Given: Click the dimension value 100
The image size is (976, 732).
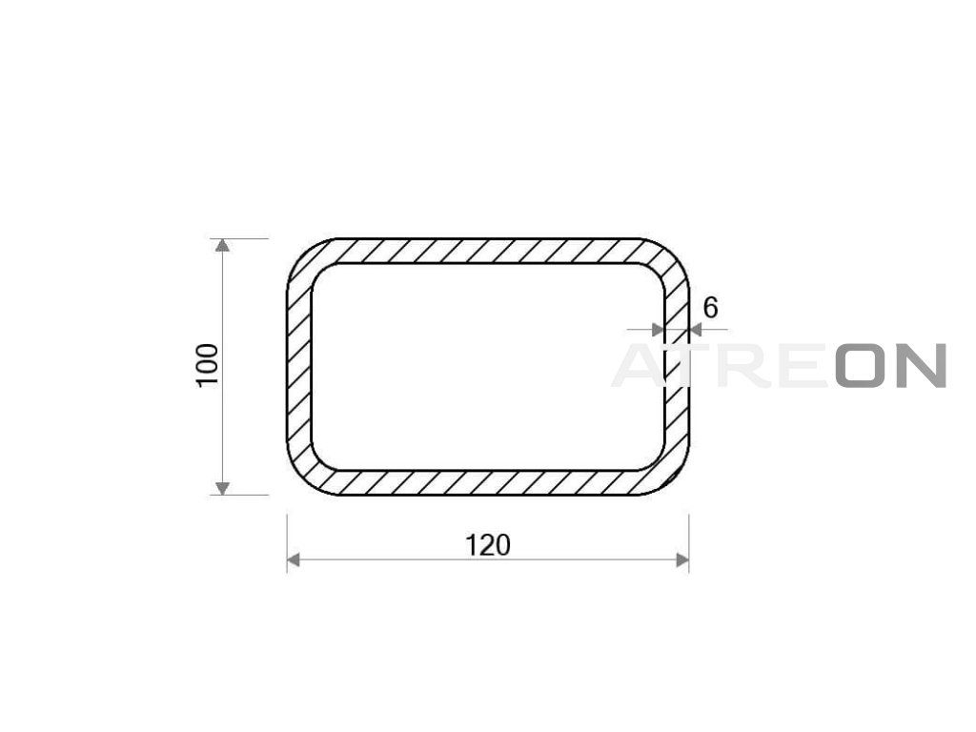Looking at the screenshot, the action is point(208,365).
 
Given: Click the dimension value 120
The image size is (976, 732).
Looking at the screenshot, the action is point(488,545).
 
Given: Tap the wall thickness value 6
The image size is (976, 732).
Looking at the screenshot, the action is point(710,308).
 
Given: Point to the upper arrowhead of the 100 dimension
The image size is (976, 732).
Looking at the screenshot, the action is point(222,245).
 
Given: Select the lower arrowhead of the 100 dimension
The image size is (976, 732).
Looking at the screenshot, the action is point(222,489).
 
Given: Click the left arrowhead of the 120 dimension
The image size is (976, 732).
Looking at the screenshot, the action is point(294,560).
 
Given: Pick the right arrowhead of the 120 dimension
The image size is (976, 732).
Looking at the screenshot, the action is point(682,560).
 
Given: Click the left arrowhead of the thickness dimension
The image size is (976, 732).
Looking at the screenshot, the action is point(658,330).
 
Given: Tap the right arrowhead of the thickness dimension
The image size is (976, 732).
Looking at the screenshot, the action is point(696,330).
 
